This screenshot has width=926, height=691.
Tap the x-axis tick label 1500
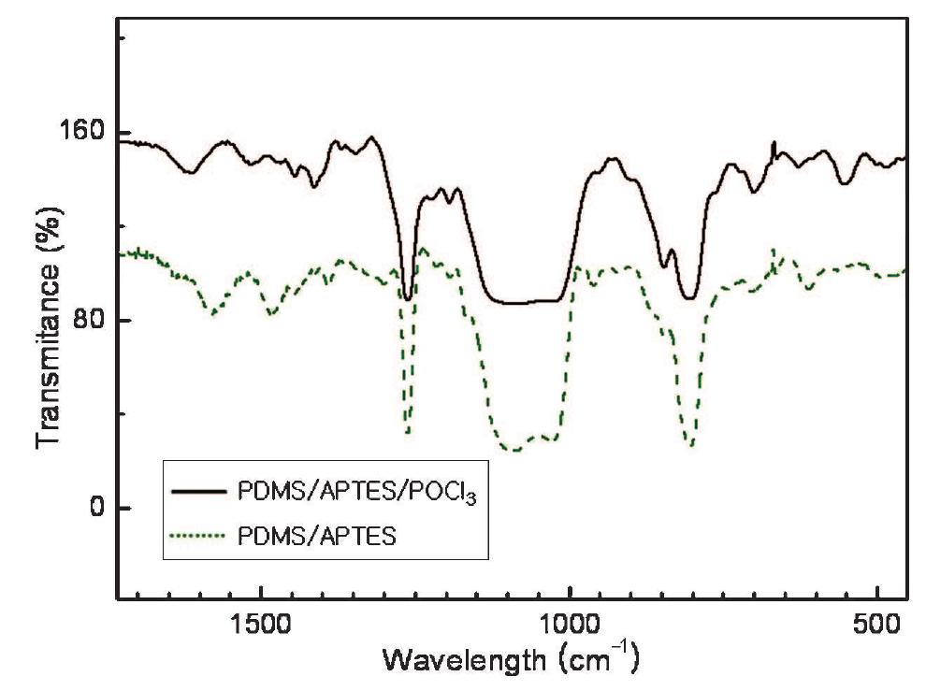pyautogui.click(x=261, y=624)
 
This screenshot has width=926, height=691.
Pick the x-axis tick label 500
pyautogui.click(x=876, y=624)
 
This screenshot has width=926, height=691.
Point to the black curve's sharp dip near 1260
pyautogui.click(x=408, y=298)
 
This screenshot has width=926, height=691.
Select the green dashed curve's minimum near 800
pyautogui.click(x=691, y=444)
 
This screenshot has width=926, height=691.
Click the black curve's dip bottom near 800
pyautogui.click(x=690, y=298)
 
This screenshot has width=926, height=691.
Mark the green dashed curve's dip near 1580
pyautogui.click(x=214, y=313)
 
